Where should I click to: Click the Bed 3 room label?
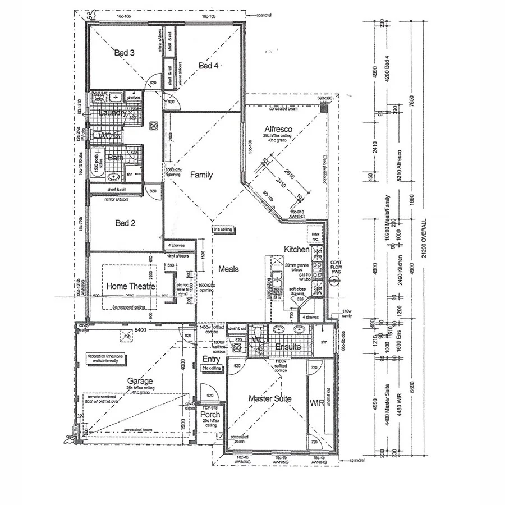pos(124,53)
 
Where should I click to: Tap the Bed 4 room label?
pos(208,66)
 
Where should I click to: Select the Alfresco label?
pos(278,129)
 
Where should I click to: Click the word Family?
pos(201,175)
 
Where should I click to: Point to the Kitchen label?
pos(296,249)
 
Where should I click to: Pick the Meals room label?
pos(228,269)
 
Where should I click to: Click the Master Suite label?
pos(270,398)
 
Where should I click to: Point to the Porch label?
pos(210,416)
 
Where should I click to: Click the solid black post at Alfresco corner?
pos(324,108)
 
